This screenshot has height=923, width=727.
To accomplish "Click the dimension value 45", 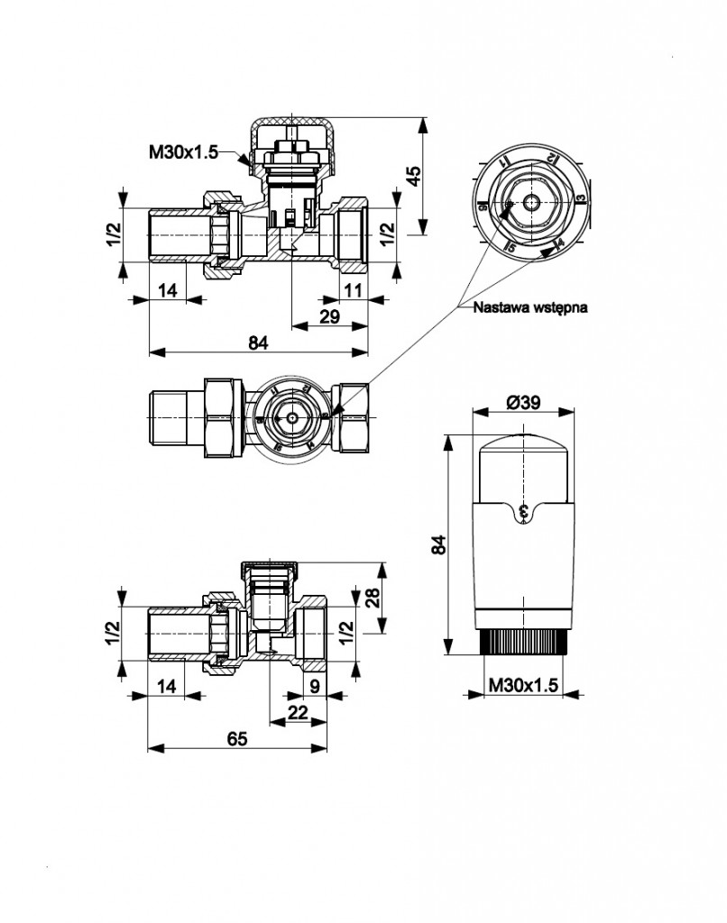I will click(414, 174).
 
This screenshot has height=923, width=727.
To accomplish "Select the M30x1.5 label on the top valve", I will click(184, 152).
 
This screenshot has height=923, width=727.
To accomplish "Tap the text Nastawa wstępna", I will click(530, 306).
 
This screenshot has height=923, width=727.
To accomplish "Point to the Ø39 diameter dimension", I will click(523, 404).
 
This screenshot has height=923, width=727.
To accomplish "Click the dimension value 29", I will click(329, 315).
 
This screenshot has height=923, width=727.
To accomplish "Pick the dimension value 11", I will click(353, 289).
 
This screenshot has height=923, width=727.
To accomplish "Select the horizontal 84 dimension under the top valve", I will click(257, 343).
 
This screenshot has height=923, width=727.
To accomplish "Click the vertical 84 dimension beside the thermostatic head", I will click(438, 544).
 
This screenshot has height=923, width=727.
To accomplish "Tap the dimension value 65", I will click(236, 737).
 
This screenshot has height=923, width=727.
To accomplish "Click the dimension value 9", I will click(313, 685).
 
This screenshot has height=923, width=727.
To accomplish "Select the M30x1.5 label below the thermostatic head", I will click(523, 686).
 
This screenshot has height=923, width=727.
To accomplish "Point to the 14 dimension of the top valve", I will click(168, 289).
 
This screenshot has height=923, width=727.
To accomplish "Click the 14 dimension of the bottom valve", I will click(167, 685).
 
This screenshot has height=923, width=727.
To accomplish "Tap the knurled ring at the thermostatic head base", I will click(524, 643).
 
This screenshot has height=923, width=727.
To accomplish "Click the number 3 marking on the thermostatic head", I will click(526, 513).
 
